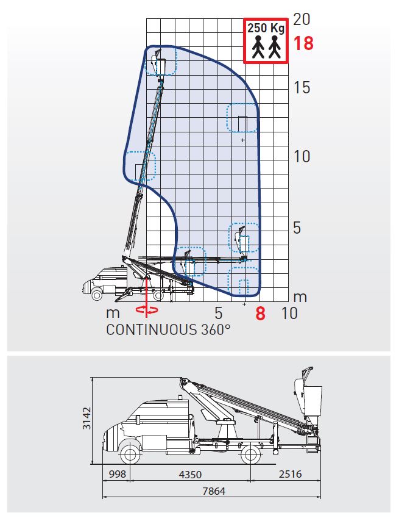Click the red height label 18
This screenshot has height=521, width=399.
point(303,43)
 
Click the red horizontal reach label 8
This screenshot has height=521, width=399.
point(260,314)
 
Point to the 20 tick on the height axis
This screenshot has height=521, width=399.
point(302,19)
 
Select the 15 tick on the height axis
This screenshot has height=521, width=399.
point(302,87)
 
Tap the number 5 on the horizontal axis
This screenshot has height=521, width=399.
point(218,313)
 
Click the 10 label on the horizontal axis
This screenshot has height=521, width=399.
point(289,313)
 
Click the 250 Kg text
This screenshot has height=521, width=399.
point(266,28)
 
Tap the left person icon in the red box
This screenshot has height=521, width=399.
point(258,47)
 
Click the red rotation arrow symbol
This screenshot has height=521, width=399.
point(147,310)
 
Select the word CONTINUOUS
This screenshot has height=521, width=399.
point(152,330)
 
